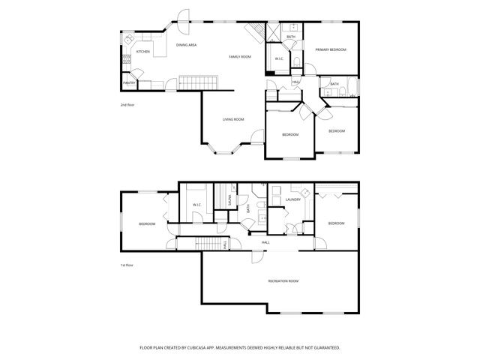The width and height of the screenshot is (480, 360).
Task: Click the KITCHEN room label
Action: click(142, 52)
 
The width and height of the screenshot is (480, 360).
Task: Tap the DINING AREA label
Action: click(187, 46)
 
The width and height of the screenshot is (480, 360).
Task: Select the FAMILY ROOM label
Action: click(240, 57)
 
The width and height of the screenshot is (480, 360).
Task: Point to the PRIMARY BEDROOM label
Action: click(331, 49)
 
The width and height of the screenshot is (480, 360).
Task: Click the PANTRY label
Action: click(129, 83)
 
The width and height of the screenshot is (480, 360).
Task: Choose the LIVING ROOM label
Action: click(233, 119)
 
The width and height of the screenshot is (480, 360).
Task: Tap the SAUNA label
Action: click(231, 201)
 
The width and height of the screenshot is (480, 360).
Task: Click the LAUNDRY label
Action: click(293, 199)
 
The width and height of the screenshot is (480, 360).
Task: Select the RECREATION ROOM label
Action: click(283, 280)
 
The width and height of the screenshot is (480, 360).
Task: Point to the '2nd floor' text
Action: click(128, 105)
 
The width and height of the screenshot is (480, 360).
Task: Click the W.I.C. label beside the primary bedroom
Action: click(278, 58)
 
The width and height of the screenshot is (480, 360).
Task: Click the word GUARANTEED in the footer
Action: click(323, 348)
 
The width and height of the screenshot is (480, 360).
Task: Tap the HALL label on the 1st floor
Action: click(265, 242)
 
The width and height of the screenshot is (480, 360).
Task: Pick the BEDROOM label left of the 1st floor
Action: click(147, 223)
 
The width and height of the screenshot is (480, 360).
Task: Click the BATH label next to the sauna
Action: click(248, 208)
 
